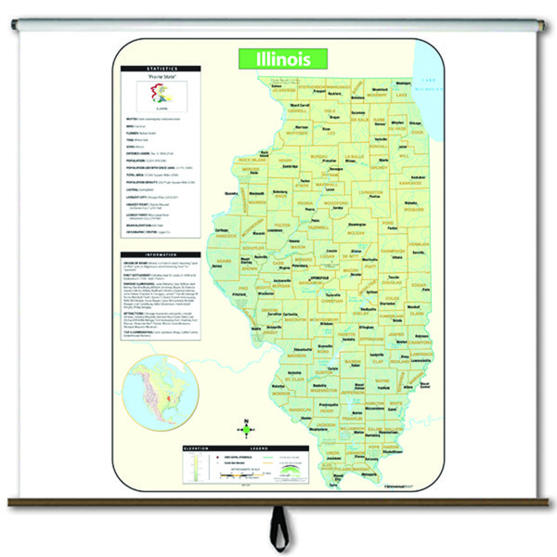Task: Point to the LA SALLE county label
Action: (354, 157)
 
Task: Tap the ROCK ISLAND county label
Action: (253, 160)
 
